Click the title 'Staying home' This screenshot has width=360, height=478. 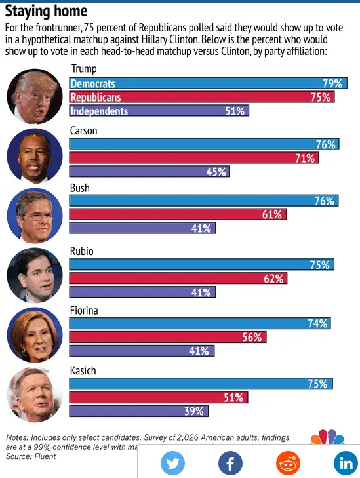coord(46,11)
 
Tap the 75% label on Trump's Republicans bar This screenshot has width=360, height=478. coord(321,97)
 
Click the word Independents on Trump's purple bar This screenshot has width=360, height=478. coord(99,111)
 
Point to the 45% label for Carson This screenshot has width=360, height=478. coord(217,172)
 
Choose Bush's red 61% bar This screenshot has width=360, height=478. coord(178,214)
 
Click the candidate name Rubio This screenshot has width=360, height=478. coord(83,250)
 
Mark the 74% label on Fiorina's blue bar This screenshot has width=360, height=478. coord(317,323)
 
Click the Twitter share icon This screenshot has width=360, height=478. coord(173,463)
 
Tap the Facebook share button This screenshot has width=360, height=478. coord(230,463)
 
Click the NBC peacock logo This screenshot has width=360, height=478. coord(326,438)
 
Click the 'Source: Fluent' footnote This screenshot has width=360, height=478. coord(31,456)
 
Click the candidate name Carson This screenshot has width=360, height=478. coord(83,131)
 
